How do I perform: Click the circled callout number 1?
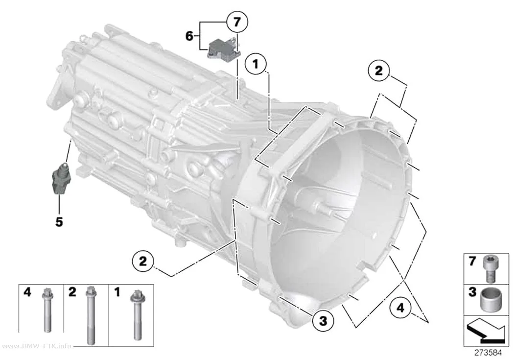click(256, 64)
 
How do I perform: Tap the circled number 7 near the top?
click(236, 22)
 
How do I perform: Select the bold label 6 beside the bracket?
click(189, 36)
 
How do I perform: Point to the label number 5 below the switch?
click(59, 222)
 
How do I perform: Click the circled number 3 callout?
click(323, 320)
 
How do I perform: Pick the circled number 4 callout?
click(400, 308)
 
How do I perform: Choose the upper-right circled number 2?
click(379, 71)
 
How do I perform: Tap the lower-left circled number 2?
click(143, 262)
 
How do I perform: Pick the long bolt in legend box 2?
click(91, 315)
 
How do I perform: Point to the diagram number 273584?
click(488, 353)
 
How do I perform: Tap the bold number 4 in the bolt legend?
click(27, 292)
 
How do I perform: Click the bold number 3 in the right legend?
click(472, 291)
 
